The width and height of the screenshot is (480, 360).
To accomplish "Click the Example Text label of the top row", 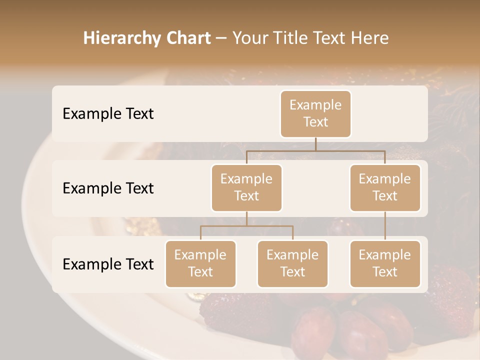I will (108, 114).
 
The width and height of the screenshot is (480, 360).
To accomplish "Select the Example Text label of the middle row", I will (108, 188).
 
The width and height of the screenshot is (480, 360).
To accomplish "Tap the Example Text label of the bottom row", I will (108, 264).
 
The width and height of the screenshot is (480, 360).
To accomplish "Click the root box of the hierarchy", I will (315, 114).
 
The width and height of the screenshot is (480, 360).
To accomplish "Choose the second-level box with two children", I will (246, 188).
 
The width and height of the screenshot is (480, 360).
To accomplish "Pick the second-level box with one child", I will (385, 188).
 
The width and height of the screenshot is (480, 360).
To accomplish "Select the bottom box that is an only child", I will (385, 264).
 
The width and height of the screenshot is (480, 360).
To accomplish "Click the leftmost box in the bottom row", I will (200, 264).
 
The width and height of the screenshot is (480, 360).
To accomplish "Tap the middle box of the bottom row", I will (292, 264).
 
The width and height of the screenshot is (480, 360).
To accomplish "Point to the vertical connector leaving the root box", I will (315, 144).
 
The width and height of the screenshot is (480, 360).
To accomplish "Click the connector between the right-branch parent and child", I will (385, 226).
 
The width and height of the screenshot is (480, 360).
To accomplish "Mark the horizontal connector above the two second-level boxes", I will (315, 150).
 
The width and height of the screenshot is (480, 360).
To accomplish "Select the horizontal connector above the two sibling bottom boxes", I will (246, 226).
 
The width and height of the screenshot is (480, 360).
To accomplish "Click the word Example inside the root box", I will (315, 105).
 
